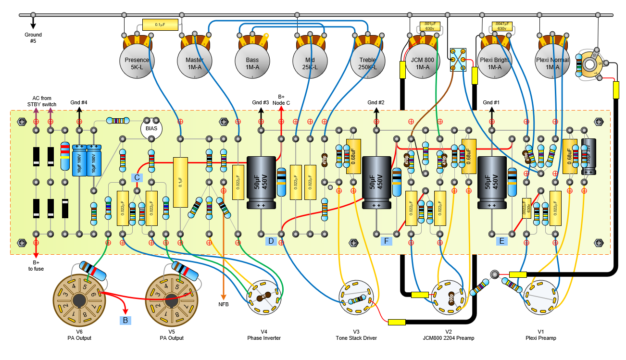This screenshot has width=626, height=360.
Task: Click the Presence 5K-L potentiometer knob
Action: (x=137, y=63)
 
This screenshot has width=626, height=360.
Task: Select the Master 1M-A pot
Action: (x=194, y=63)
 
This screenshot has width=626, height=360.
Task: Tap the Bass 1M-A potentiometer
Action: (x=252, y=63)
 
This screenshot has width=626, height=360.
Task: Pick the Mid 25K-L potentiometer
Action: (x=310, y=63)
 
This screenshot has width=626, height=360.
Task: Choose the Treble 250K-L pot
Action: (x=368, y=63)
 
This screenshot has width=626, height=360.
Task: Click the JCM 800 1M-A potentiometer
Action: (x=423, y=63)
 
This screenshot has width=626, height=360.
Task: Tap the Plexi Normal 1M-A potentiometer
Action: (x=552, y=63)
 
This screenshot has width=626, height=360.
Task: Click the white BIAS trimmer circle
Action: (x=151, y=129)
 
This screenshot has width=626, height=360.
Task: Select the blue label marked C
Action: (x=137, y=177)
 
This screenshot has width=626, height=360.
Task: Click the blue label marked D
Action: (x=271, y=241)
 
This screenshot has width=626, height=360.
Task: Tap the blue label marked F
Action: (x=386, y=241)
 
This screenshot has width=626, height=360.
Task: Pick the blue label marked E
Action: (x=502, y=241)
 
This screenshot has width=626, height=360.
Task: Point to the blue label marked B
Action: (x=125, y=319)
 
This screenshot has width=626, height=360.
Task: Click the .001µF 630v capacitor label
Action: (x=430, y=26)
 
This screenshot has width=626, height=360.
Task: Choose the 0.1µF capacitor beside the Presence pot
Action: (x=160, y=24)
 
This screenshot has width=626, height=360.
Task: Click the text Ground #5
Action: (x=33, y=37)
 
